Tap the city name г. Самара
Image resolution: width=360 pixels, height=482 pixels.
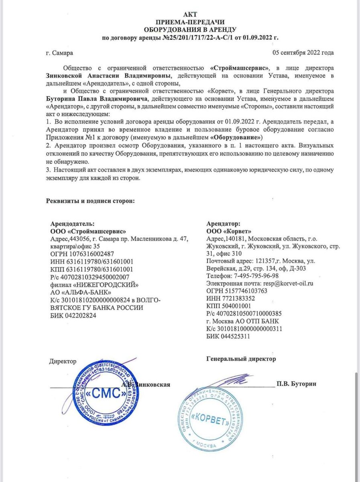pyautogui.click(x=59, y=53)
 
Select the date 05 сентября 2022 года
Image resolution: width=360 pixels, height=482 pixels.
pyautogui.click(x=303, y=53)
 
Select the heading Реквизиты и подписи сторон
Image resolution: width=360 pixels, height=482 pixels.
pyautogui.click(x=90, y=200)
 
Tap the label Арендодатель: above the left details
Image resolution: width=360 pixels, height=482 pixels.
pyautogui.click(x=72, y=224)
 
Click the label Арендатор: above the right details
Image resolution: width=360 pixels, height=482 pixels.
pyautogui.click(x=224, y=224)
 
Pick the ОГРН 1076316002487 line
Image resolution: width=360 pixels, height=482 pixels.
pyautogui.click(x=82, y=254)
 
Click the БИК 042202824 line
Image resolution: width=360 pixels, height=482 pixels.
pyautogui.click(x=73, y=315)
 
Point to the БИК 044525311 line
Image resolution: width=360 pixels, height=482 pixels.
pyautogui.click(x=228, y=337)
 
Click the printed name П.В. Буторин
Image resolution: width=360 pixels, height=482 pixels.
pyautogui.click(x=296, y=384)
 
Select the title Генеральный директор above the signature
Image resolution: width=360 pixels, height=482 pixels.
pyautogui.click(x=241, y=359)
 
